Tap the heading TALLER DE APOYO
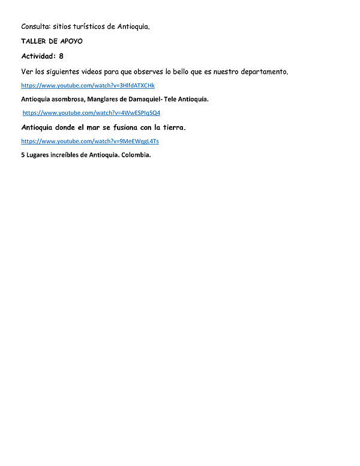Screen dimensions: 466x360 [52, 41]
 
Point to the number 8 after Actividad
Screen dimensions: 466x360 [61, 56]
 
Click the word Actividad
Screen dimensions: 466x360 [38, 56]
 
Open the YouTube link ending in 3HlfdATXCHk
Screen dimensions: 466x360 [88, 86]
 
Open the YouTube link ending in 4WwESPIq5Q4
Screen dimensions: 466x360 [91, 113]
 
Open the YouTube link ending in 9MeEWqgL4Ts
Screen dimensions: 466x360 [89, 141]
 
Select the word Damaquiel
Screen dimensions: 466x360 [150, 99]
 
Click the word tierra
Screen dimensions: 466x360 [174, 127]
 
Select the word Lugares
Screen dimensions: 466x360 [39, 154]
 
